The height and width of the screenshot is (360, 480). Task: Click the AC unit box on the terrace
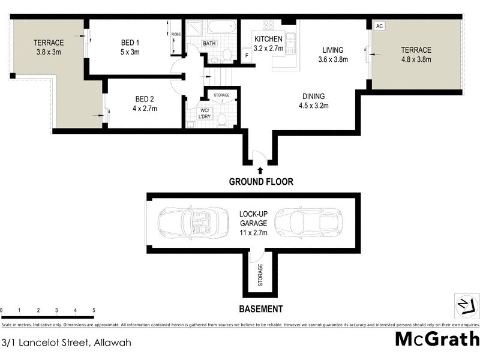point(379,26)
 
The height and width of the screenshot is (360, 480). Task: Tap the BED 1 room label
point(130,43)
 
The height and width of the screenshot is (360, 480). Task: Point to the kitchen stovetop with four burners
point(268,25)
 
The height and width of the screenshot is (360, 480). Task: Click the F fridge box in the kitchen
point(247,56)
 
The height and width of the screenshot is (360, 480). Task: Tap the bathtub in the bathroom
point(221,27)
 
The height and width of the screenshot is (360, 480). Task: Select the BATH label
point(209,44)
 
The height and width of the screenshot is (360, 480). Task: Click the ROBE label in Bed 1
point(176,35)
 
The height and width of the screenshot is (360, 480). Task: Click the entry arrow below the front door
point(259,171)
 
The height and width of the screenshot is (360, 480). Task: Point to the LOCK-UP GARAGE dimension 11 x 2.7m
point(253,232)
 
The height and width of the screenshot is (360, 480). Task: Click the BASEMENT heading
point(260,309)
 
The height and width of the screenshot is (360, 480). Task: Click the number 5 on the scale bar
point(94,311)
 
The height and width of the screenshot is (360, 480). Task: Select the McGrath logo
point(437,340)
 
